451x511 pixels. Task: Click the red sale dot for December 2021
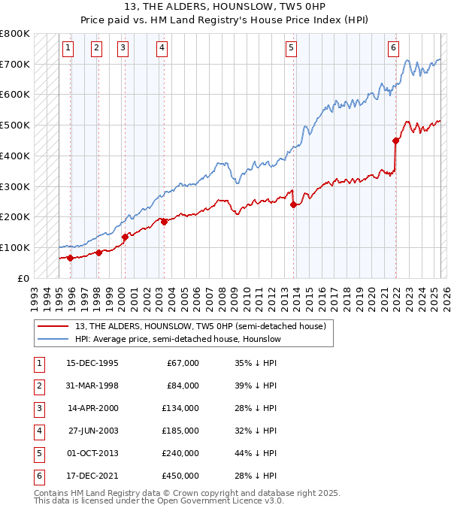395,140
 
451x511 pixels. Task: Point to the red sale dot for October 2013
294,204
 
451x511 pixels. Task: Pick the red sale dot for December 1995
71,258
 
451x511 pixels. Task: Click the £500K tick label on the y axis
15,125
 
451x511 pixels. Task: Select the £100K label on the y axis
15,247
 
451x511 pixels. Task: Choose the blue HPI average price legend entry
177,340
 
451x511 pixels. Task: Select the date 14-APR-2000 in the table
92,407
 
